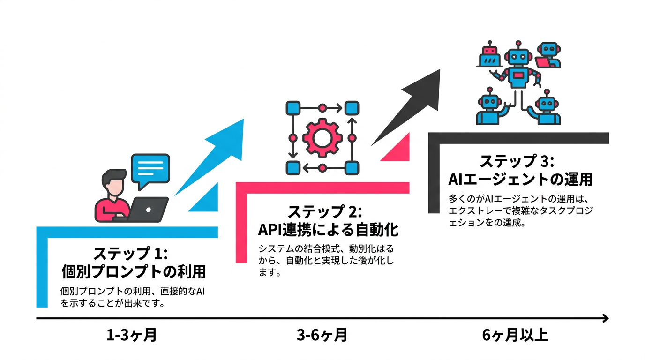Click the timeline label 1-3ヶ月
click(131, 336)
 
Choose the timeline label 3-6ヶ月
click(322, 336)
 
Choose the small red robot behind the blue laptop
click(489, 50)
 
